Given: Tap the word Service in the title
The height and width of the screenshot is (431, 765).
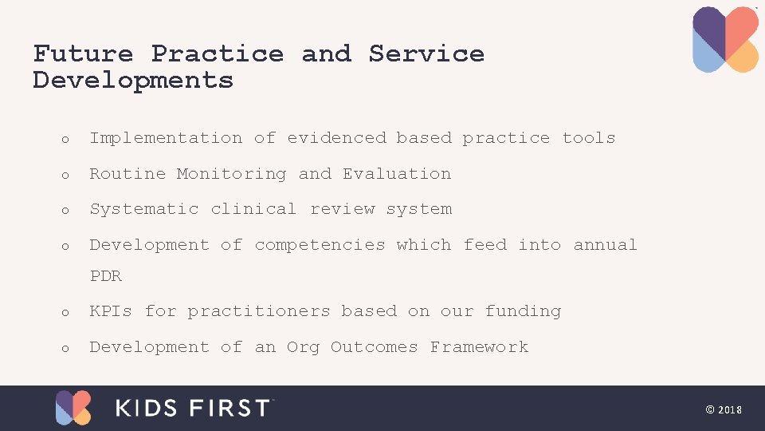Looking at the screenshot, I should click(426, 53).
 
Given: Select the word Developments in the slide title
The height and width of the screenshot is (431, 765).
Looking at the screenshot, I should click(133, 80).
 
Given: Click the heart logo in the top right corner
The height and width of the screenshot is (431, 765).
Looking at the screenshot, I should click(725, 40).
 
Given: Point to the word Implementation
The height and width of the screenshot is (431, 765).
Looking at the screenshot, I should click(166, 138).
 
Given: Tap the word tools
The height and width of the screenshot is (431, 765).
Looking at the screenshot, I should click(589, 138).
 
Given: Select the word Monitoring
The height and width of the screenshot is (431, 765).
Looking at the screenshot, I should click(231, 174).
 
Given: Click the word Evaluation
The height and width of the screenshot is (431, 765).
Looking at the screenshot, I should click(397, 174).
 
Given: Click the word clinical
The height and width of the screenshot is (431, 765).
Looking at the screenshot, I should click(253, 209).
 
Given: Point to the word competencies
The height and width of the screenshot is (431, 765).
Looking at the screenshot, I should click(320, 245).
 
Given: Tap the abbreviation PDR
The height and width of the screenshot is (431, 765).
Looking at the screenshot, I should click(106, 276).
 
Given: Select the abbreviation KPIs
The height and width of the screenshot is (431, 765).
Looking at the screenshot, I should click(111, 311).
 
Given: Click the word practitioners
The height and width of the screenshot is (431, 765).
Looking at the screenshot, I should click(259, 311).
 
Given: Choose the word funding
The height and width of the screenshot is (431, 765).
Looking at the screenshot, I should click(523, 311).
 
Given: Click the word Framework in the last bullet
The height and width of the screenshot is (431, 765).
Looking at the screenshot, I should click(479, 347).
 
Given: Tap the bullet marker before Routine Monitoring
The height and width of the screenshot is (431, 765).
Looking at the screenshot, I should click(66, 175).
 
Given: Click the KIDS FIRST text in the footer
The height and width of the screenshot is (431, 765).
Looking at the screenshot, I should click(194, 408).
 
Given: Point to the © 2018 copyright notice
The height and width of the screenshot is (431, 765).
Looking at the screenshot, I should click(724, 409).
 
